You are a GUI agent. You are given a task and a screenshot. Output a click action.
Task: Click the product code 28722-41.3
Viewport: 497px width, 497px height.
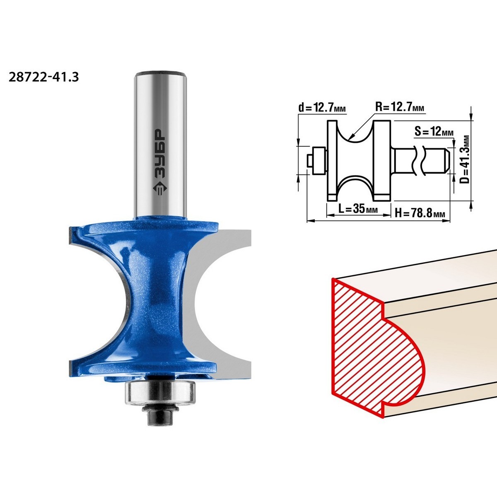[44, 77]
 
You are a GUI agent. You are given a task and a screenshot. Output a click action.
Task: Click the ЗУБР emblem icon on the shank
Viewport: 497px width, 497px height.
[160, 191]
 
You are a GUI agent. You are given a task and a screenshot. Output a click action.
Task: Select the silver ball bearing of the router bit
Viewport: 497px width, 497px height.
[160, 392]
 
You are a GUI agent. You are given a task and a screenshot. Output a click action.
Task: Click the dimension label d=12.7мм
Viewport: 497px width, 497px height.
[322, 107]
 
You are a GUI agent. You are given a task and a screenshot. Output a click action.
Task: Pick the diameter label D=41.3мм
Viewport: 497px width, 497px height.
[465, 159]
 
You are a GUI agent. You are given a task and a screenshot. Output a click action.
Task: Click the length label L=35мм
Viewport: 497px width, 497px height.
[358, 209]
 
